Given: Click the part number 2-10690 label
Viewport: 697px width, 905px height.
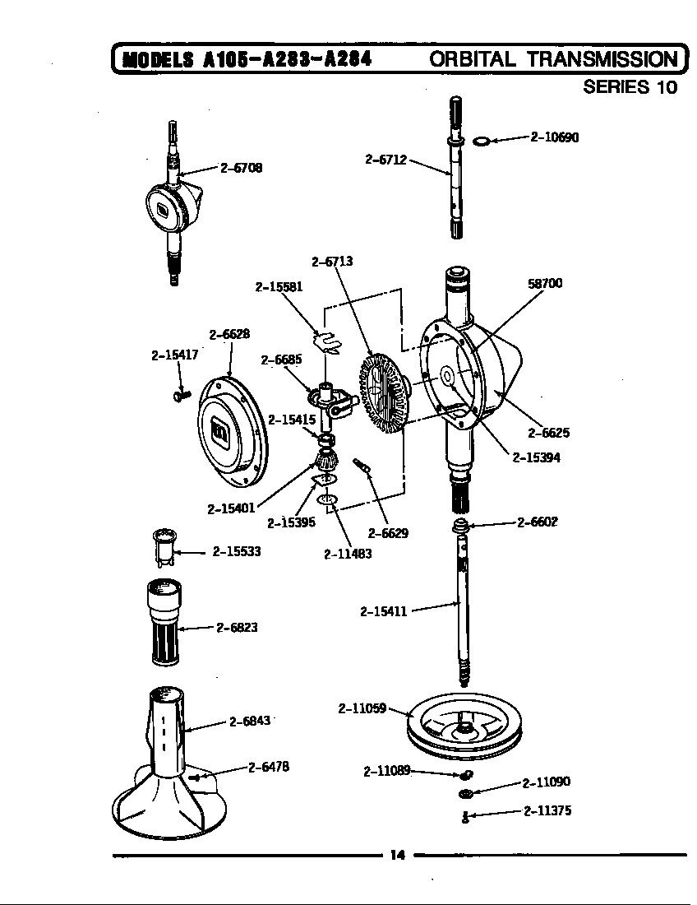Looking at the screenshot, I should click(555, 137).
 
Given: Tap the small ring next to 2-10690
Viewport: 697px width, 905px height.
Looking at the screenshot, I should click(482, 141).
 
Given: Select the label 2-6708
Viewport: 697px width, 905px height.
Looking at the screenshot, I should click(242, 168).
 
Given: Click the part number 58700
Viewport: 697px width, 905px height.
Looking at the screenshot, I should click(545, 283).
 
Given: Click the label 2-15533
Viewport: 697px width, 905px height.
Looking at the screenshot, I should click(237, 551).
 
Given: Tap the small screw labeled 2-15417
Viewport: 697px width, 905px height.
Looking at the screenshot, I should click(182, 397).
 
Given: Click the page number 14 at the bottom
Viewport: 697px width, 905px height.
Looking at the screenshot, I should click(397, 855).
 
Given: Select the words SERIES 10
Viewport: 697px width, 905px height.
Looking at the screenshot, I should click(630, 87).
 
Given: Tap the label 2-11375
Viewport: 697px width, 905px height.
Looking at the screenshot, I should click(547, 810).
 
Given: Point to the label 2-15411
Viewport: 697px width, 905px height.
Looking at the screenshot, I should click(384, 611).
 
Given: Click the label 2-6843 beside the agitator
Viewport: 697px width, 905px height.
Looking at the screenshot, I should click(250, 721).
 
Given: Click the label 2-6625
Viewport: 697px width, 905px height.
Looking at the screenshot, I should click(548, 434).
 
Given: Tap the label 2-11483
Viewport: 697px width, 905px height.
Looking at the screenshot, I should click(348, 554).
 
